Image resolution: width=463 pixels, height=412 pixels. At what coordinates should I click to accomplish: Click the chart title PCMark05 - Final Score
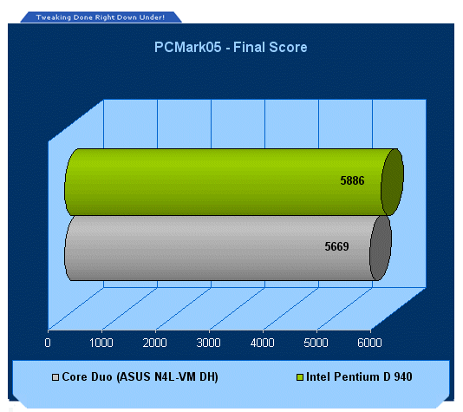pyautogui.click(x=231, y=47)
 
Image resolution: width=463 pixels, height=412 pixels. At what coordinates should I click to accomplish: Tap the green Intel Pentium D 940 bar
pyautogui.click(x=225, y=182)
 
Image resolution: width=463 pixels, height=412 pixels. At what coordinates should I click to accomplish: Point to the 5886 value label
pyautogui.click(x=352, y=180)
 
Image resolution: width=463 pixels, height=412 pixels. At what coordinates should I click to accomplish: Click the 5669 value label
pyautogui.click(x=336, y=246)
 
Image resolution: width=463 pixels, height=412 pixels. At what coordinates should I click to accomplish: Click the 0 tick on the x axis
pyautogui.click(x=48, y=343)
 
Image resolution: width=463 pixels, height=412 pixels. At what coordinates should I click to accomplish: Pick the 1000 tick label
pyautogui.click(x=101, y=343)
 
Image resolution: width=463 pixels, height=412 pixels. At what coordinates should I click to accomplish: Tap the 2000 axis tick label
pyautogui.click(x=154, y=343)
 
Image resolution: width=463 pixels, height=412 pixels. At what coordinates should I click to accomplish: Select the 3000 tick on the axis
pyautogui.click(x=208, y=343)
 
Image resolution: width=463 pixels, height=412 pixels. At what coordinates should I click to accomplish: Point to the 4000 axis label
pyautogui.click(x=262, y=343)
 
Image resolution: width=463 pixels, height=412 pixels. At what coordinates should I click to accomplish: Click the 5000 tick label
pyautogui.click(x=316, y=343)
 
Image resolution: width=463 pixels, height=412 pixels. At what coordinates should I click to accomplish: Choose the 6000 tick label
pyautogui.click(x=369, y=343)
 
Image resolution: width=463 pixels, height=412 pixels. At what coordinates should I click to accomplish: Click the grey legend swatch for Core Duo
pyautogui.click(x=55, y=377)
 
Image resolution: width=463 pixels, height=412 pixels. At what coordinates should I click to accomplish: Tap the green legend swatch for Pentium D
pyautogui.click(x=300, y=377)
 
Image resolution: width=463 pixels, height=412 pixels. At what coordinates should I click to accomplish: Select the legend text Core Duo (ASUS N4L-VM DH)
pyautogui.click(x=140, y=376)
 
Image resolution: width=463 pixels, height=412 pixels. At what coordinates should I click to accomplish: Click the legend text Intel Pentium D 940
pyautogui.click(x=359, y=376)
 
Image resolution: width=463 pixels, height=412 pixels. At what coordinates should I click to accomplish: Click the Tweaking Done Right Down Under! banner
pyautogui.click(x=101, y=17)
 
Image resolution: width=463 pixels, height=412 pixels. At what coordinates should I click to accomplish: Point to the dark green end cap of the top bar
pyautogui.click(x=392, y=182)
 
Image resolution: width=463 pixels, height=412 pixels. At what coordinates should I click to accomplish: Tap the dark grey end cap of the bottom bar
pyautogui.click(x=381, y=248)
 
